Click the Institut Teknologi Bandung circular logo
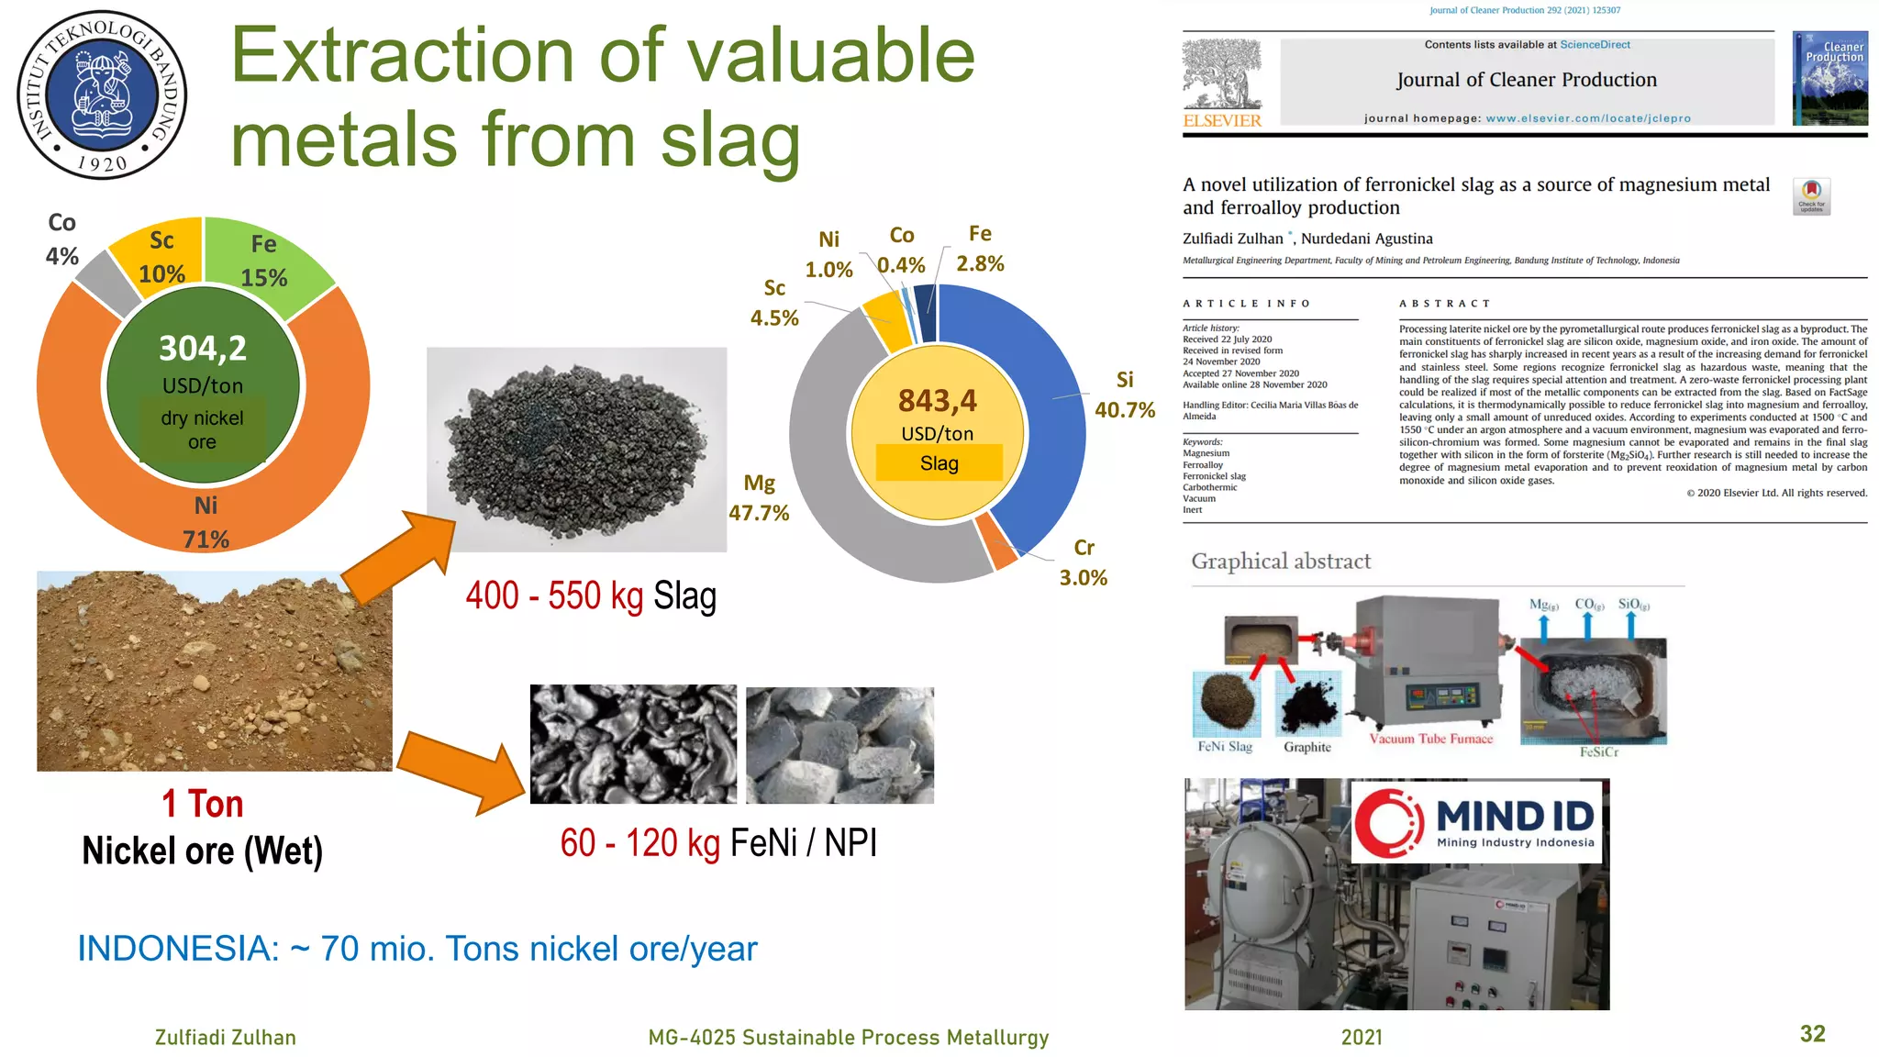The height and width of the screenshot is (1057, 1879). click(102, 94)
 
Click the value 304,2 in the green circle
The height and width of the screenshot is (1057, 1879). click(203, 349)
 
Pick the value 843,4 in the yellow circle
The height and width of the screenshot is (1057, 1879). click(937, 401)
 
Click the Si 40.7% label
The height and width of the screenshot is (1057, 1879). click(1124, 395)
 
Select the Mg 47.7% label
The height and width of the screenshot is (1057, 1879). click(759, 498)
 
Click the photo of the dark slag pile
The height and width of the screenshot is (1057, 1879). click(576, 450)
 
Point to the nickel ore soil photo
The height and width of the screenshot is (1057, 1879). click(214, 672)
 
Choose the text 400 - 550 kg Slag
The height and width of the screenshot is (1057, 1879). click(590, 596)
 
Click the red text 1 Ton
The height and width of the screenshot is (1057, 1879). click(202, 804)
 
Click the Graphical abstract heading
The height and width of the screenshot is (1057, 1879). click(1280, 562)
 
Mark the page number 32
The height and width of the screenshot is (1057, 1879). click(1812, 1034)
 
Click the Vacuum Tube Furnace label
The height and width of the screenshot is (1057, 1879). click(1430, 739)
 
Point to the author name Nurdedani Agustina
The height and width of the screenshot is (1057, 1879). click(1366, 239)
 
